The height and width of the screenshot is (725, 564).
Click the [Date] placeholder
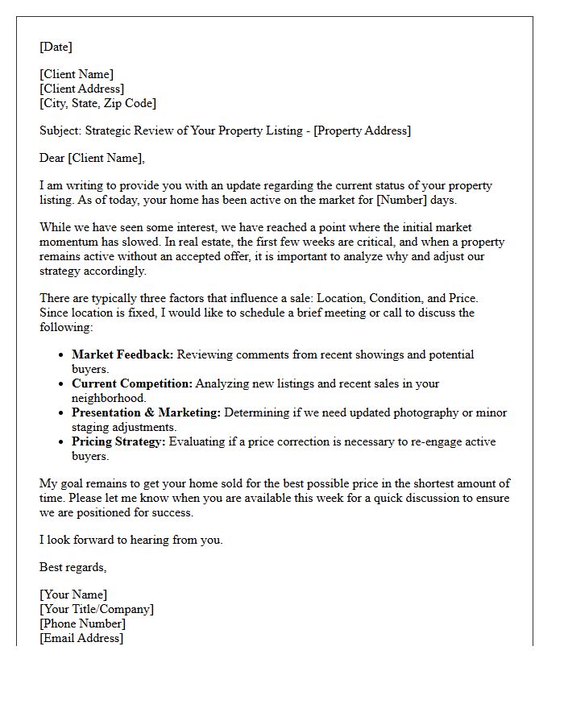pyautogui.click(x=56, y=47)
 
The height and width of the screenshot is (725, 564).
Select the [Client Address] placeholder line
pyautogui.click(x=81, y=89)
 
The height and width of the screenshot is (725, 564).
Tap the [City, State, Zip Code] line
pyautogui.click(x=97, y=103)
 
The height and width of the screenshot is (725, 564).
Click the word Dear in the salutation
pyautogui.click(x=52, y=158)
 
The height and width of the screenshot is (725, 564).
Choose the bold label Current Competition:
pyautogui.click(x=132, y=383)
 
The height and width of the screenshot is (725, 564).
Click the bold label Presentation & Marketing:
pyautogui.click(x=146, y=412)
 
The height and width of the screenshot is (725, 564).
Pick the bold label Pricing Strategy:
pyautogui.click(x=118, y=441)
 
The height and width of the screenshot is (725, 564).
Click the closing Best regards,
pyautogui.click(x=73, y=567)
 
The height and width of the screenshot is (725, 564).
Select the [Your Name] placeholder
pyautogui.click(x=73, y=594)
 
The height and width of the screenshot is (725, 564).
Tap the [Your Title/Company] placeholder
pyautogui.click(x=96, y=609)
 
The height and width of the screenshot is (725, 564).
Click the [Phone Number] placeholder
pyautogui.click(x=82, y=623)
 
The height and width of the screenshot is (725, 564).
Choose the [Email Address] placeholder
pyautogui.click(x=81, y=638)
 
